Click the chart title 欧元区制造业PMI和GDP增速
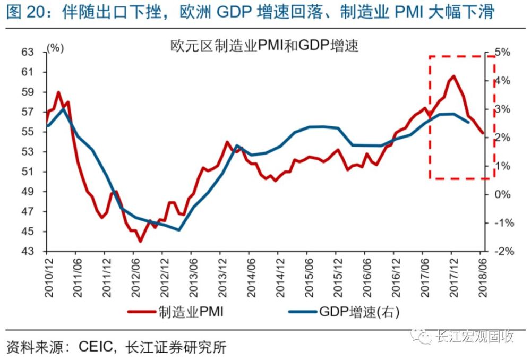point(264,46)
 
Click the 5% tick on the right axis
point(503,52)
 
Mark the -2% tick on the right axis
point(502,252)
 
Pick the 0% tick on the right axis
point(503,194)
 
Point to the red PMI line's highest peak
point(453,76)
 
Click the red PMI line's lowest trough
point(140,242)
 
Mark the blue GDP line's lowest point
point(179,230)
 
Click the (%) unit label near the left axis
point(55,48)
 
